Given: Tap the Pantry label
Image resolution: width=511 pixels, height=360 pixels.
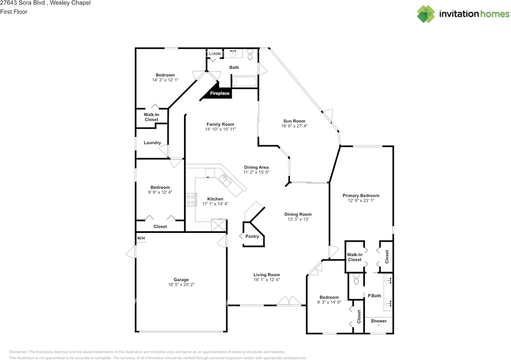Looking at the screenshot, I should (252, 237).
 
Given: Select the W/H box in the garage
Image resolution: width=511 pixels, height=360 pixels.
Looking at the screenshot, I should (141, 239).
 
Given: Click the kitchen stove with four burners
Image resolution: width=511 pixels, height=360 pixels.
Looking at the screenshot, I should (191, 199).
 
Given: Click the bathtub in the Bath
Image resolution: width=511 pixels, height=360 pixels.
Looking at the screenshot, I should (245, 82).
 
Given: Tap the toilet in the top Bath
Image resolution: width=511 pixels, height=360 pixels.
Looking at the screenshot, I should (250, 55).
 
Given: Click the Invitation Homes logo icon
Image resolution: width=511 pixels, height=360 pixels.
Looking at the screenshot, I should (426, 14).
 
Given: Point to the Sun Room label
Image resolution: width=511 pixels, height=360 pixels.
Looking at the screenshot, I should (294, 121).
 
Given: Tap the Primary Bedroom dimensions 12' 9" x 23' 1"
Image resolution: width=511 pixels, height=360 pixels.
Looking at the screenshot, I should (361, 201).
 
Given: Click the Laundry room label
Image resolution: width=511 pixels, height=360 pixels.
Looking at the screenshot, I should (152, 143).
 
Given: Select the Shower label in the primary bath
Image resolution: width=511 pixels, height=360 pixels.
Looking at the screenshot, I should (378, 321).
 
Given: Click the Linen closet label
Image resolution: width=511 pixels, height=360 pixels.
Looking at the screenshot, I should (214, 54).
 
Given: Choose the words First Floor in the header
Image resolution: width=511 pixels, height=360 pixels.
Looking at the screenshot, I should (14, 12).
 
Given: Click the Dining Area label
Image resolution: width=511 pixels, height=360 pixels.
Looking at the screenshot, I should (256, 167).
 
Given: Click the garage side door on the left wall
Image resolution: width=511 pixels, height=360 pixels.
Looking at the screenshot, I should (131, 252).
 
